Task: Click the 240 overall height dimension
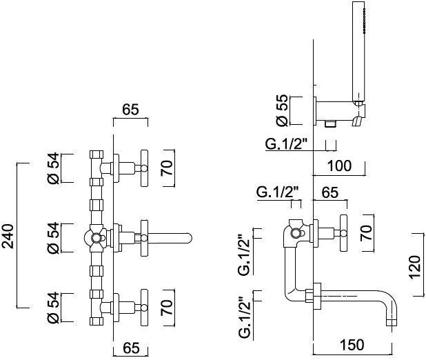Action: click(x=8, y=234)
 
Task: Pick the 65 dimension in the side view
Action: click(x=330, y=193)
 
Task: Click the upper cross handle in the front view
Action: click(x=145, y=166)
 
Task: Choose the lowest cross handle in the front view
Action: click(x=145, y=308)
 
